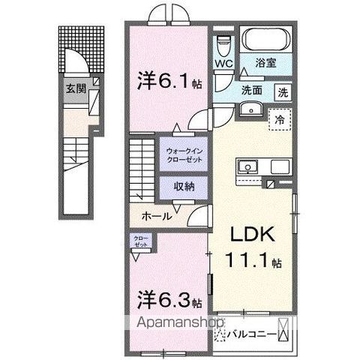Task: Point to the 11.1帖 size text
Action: [x=255, y=263]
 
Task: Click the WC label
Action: [x=224, y=64]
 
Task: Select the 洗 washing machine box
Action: [x=283, y=94]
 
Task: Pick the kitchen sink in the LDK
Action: [x=248, y=167]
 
